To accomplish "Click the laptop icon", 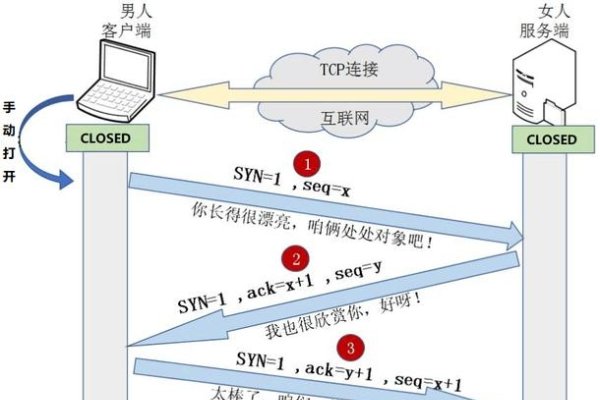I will tap(113, 86).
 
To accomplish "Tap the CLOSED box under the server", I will tap(551, 139).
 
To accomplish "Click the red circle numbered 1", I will tap(311, 161).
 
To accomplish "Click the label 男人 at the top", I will tap(134, 11).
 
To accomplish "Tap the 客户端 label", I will tap(134, 31).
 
